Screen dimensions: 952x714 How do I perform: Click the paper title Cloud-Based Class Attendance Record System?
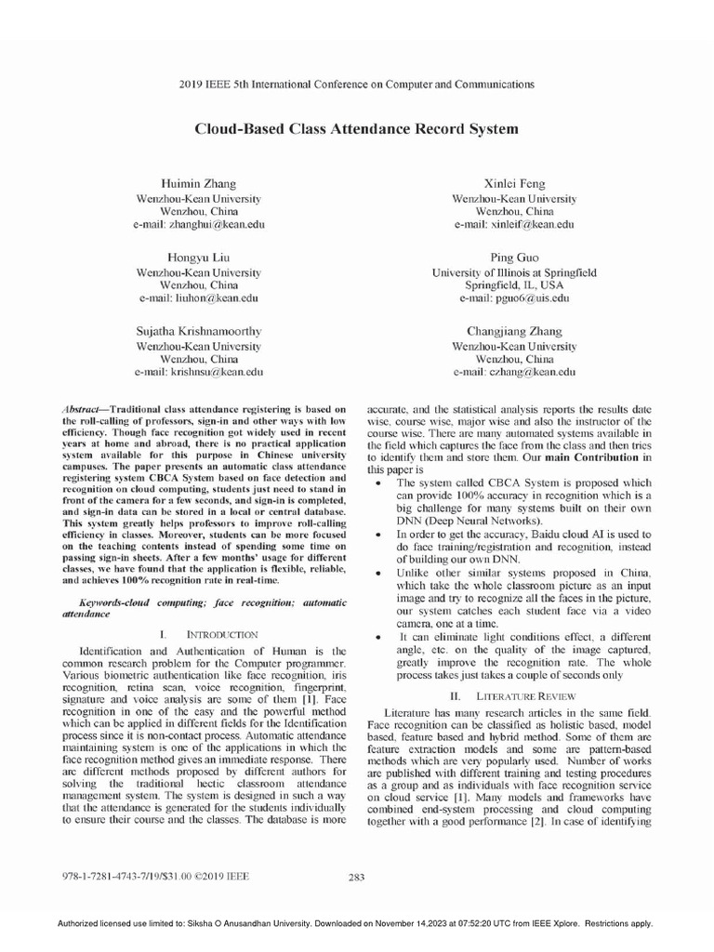click(356, 128)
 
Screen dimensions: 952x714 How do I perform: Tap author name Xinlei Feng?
click(514, 183)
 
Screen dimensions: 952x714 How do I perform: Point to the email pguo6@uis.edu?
click(514, 298)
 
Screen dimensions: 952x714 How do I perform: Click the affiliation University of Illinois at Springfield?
click(514, 272)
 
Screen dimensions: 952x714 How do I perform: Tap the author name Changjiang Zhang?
click(514, 330)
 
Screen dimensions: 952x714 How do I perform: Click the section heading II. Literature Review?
click(514, 694)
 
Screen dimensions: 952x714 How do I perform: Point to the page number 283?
click(356, 876)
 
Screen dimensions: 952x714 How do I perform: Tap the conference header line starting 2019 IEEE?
click(356, 85)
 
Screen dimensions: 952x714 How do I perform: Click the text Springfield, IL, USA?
click(514, 285)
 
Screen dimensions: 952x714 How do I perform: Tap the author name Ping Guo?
click(514, 257)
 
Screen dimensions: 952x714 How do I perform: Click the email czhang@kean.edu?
click(514, 372)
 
